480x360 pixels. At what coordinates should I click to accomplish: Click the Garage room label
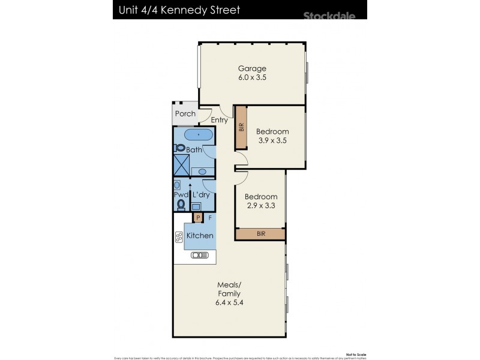[252, 68]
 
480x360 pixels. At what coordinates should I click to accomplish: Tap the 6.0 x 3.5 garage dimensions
[252, 77]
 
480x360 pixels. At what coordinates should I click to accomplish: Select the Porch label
[185, 114]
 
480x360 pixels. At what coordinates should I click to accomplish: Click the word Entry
[219, 120]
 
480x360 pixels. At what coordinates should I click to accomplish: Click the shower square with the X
[180, 161]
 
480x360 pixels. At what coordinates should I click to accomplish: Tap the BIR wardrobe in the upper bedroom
[241, 127]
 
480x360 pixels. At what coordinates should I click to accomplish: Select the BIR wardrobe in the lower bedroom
[260, 233]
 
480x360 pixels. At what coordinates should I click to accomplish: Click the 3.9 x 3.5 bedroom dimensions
[272, 140]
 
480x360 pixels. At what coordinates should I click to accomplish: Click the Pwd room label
[181, 196]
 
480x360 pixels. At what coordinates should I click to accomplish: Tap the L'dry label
[200, 196]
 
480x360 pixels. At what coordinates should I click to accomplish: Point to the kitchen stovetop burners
[179, 236]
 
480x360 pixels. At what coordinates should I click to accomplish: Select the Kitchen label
[199, 236]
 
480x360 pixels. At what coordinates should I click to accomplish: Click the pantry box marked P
[197, 218]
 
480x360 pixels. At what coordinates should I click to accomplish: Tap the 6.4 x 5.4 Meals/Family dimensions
[230, 303]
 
